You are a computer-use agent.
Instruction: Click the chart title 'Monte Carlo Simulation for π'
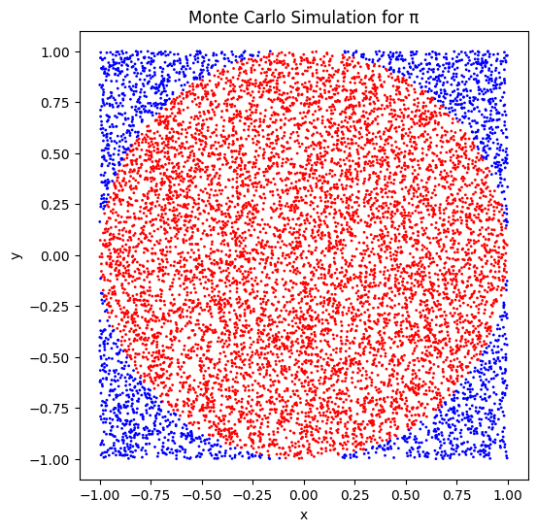[x=303, y=17]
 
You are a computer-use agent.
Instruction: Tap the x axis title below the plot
[x=303, y=514]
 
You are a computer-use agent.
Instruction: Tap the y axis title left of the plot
[x=16, y=255]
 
